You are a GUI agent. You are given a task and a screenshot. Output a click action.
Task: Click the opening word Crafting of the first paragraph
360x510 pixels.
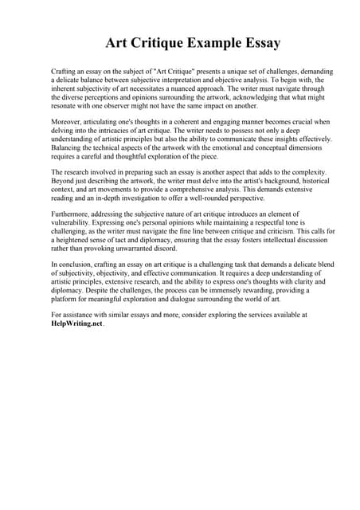coord(64,72)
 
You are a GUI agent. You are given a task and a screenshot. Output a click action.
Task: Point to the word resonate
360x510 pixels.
coord(65,106)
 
